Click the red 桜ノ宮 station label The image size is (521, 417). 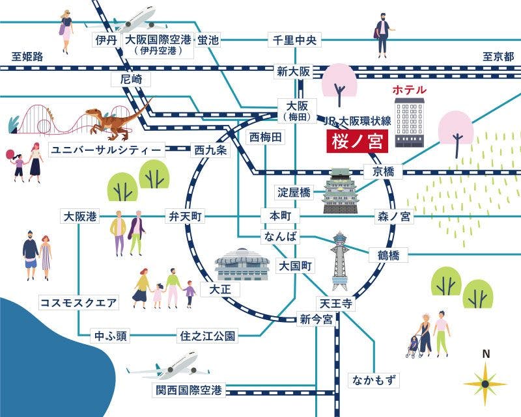(357, 141)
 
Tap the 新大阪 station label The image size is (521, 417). (293, 72)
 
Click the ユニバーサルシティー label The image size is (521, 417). (106, 150)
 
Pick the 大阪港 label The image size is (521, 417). (80, 216)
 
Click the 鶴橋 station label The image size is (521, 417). (387, 254)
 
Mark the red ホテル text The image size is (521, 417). (408, 89)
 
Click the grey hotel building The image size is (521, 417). (409, 122)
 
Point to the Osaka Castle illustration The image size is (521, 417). (343, 191)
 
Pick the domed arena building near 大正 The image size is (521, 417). (242, 264)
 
